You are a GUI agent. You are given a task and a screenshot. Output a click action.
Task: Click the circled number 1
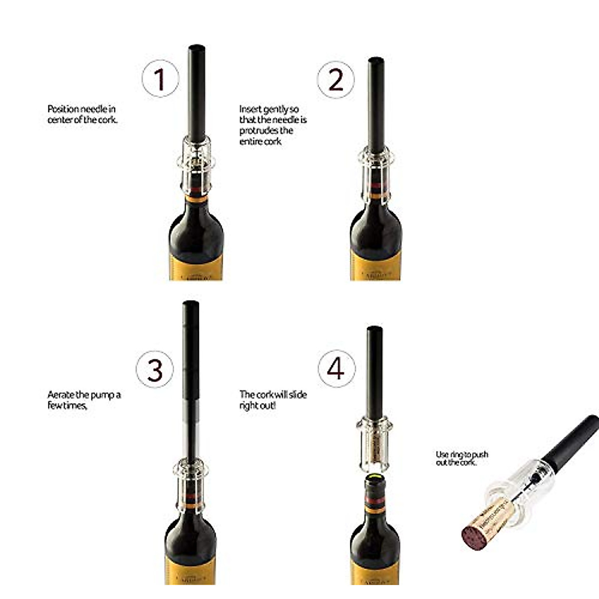point(160,79)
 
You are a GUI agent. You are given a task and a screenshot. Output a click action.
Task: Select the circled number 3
point(155,369)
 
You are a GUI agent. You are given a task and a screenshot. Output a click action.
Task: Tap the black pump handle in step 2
point(376,105)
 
